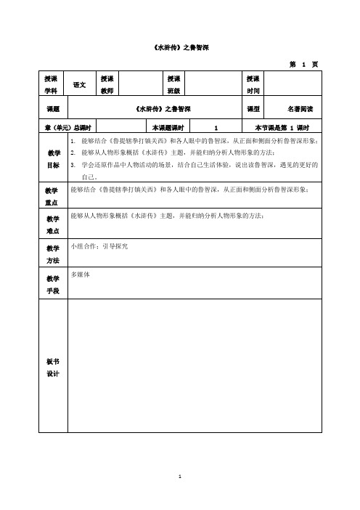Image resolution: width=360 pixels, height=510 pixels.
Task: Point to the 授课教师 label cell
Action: (107, 84)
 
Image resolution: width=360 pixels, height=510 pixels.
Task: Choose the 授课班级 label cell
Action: (173, 84)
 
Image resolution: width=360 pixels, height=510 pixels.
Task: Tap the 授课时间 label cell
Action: (253, 84)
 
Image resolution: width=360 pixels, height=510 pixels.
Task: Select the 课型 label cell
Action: (253, 109)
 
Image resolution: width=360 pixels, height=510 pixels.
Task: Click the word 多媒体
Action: (80, 276)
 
